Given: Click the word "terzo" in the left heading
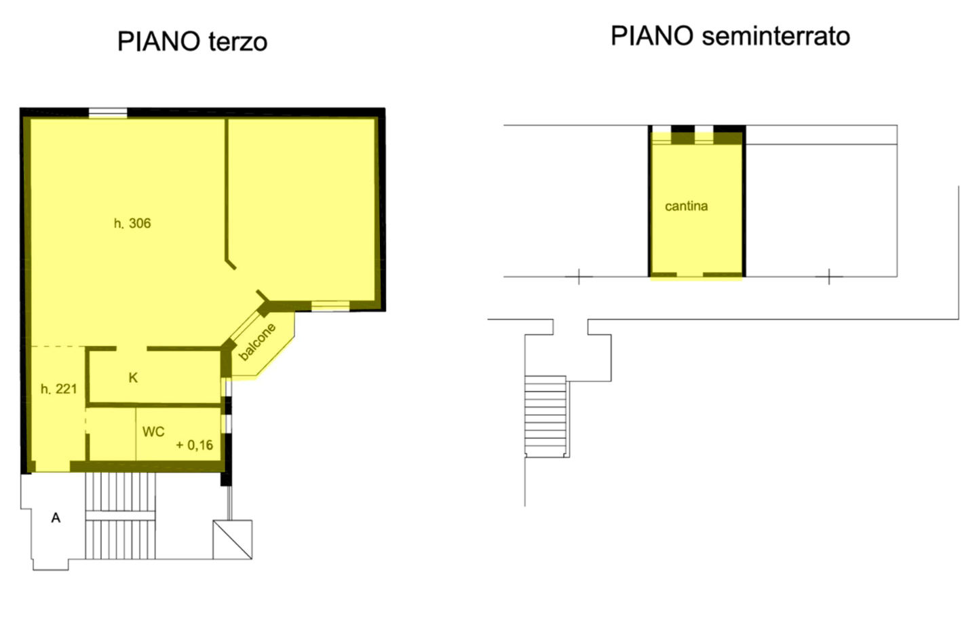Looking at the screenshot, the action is coord(237,42).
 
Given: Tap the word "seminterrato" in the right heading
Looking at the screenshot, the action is coord(776,36).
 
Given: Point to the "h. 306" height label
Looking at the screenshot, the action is coord(132,223).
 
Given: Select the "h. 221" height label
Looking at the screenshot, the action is coord(58,389).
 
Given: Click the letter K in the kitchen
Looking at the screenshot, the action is coord(133,378).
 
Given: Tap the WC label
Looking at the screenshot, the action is coord(153,432).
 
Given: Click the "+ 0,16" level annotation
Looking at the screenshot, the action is coord(195,445).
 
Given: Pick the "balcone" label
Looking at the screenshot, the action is coord(257,342).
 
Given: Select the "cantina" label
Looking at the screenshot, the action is coord(686,206).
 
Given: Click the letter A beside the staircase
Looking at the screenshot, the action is coord(56,518).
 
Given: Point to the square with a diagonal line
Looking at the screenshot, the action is coord(233,539).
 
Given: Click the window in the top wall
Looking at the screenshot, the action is coord(108,113).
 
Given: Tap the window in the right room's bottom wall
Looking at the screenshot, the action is coord(330,306).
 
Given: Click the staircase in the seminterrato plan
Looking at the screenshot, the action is coord(545,417).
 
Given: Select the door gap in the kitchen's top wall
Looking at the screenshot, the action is coord(132,349).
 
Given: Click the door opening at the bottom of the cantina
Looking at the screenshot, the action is coord(689,275).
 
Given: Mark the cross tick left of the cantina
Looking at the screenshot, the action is coord(579,276).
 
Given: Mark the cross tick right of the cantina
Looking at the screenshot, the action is coord(829,276).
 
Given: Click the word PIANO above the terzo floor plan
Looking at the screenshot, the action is coord(159,41).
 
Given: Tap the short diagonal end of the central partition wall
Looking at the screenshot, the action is coord(231,264).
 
